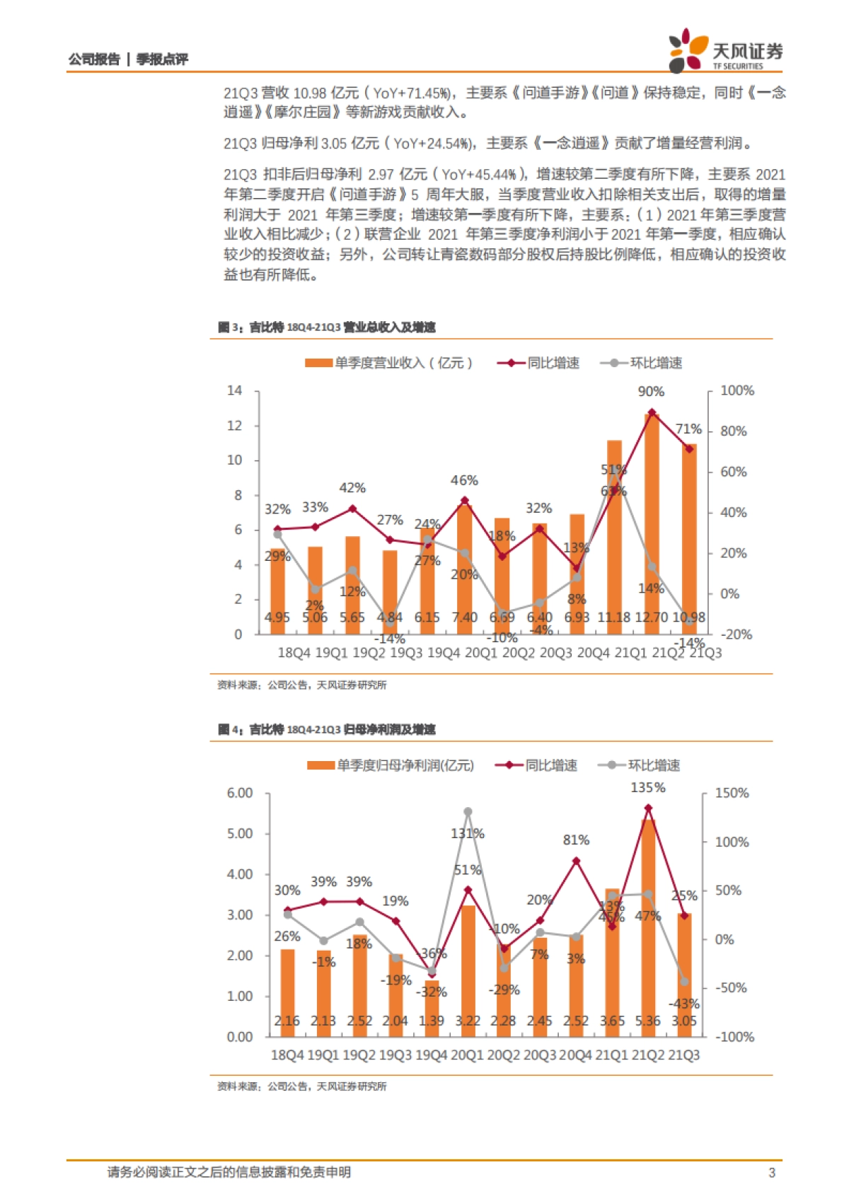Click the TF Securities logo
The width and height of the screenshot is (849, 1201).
point(726,50)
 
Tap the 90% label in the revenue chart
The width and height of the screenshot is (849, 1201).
point(651,392)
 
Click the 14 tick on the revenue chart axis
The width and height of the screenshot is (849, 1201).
point(234,391)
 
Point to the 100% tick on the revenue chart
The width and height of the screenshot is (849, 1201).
point(737,391)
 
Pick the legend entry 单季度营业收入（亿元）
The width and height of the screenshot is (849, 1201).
point(389,363)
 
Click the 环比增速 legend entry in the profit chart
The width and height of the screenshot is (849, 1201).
point(640,765)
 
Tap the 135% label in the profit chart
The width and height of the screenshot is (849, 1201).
point(647,788)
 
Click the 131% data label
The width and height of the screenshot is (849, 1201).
point(468,834)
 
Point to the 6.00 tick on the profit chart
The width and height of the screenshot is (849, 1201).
point(240,794)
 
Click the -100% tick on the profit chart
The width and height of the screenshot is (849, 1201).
point(735,1038)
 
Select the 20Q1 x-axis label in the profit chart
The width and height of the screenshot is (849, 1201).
point(468,1055)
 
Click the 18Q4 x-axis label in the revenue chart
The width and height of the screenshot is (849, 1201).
point(293,653)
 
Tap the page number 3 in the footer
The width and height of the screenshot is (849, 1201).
point(772,1173)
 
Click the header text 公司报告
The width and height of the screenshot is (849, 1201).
point(94,59)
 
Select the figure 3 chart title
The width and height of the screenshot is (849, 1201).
point(327,327)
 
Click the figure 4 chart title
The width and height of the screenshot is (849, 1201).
point(327,730)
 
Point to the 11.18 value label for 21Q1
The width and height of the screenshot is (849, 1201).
point(613,617)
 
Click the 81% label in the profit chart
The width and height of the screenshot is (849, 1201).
point(576,840)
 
